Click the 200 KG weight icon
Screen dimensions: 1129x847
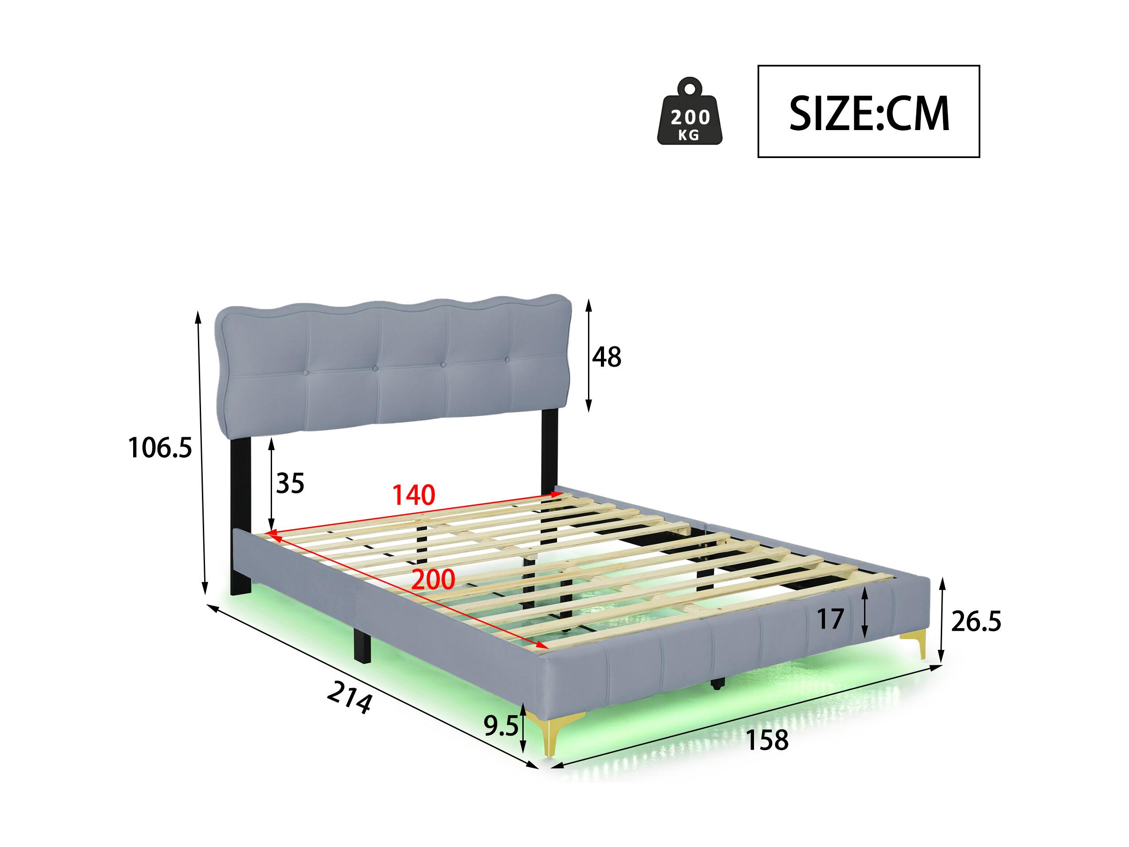click(690, 111)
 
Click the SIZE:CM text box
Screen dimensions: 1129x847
click(868, 111)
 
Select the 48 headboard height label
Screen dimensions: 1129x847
click(606, 357)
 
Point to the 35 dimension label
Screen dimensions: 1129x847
click(290, 483)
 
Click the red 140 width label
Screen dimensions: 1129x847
click(414, 495)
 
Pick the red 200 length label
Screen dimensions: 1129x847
click(433, 579)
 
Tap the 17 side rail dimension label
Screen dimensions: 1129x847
click(830, 619)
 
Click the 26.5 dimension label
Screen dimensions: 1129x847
click(976, 622)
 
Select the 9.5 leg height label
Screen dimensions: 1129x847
click(501, 725)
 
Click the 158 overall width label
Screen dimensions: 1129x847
click(767, 740)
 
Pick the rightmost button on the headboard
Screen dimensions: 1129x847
click(507, 360)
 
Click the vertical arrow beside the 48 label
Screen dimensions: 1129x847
click(588, 355)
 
